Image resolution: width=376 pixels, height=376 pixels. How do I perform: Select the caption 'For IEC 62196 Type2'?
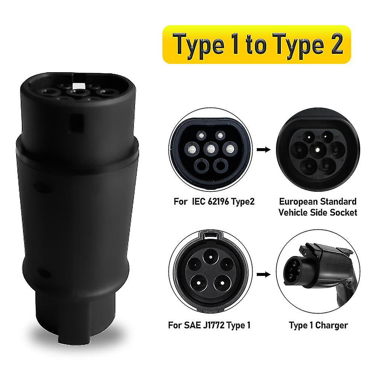214,202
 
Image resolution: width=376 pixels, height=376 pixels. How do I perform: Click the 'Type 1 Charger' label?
318,324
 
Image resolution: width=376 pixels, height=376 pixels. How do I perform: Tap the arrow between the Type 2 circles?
266,150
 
